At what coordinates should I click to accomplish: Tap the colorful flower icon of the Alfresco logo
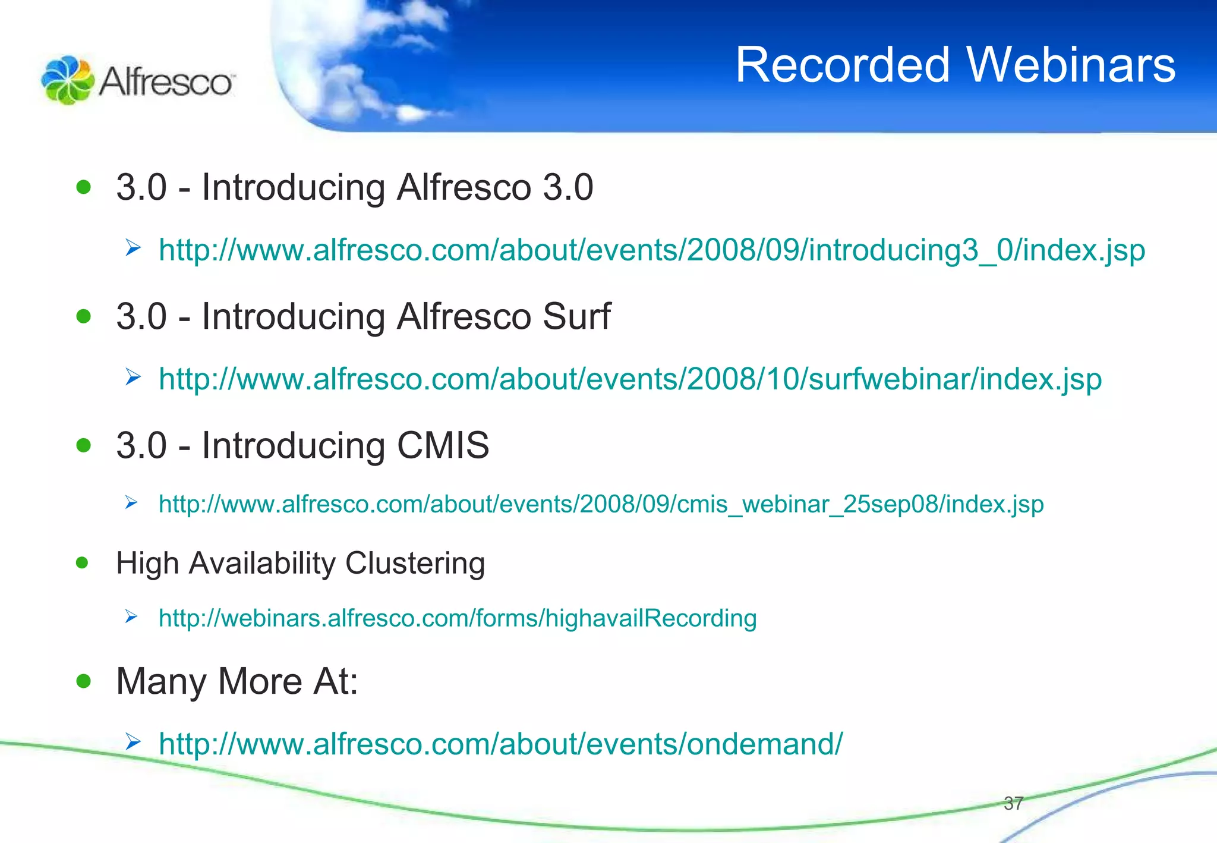coord(67,80)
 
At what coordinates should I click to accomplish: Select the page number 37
coord(1013,804)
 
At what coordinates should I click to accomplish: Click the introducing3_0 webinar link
coord(651,250)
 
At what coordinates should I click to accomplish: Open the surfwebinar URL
coord(630,379)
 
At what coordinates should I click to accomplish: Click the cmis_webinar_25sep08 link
coord(601,504)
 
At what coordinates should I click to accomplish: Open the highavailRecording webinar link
coord(458,618)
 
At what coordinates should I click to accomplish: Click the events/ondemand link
coord(500,744)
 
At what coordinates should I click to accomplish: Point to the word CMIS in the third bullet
coord(443,445)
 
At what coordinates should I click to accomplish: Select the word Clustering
coord(415,563)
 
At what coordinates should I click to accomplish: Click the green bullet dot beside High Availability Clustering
coord(83,562)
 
